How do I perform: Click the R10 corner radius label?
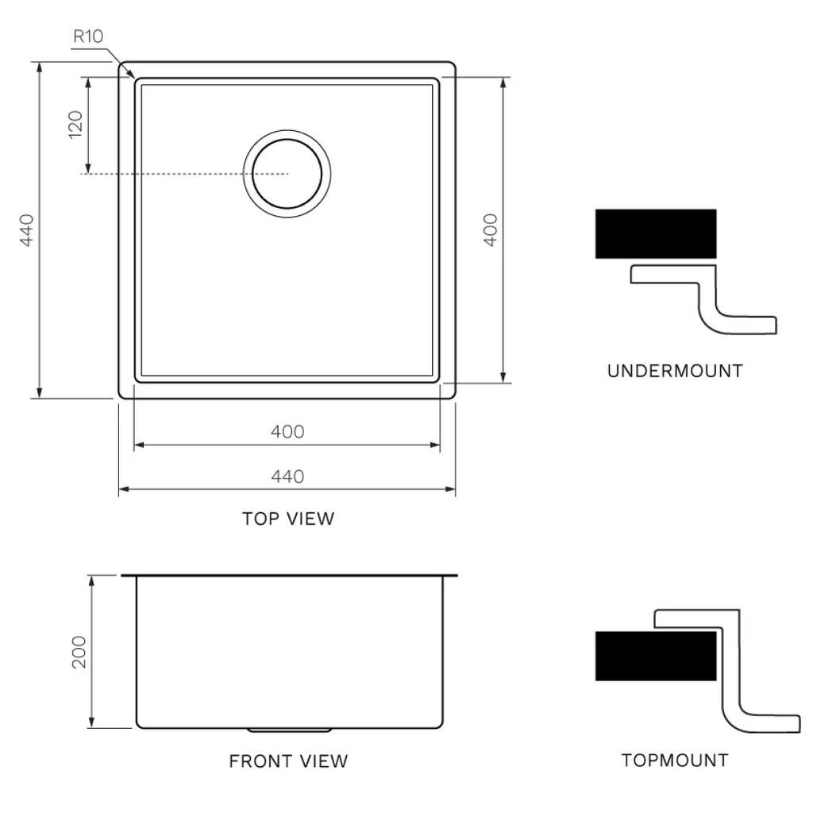(x=88, y=37)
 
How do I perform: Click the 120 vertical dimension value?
(x=75, y=125)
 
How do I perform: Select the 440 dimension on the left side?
(x=25, y=229)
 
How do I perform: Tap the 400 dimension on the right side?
(x=490, y=229)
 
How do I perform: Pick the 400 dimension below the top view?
(x=287, y=432)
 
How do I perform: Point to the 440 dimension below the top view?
(x=287, y=476)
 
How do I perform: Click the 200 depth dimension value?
(x=79, y=652)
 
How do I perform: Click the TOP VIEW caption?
(x=288, y=519)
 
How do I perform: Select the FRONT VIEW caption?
(x=288, y=761)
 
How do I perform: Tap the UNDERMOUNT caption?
(x=675, y=371)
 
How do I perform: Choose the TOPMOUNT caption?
(x=674, y=761)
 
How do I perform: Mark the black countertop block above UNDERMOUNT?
(x=656, y=233)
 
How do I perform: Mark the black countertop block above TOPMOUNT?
(x=656, y=656)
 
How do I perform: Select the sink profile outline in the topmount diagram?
(x=730, y=691)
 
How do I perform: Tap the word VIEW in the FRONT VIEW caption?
(x=324, y=761)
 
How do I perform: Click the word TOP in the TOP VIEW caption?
(x=258, y=519)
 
